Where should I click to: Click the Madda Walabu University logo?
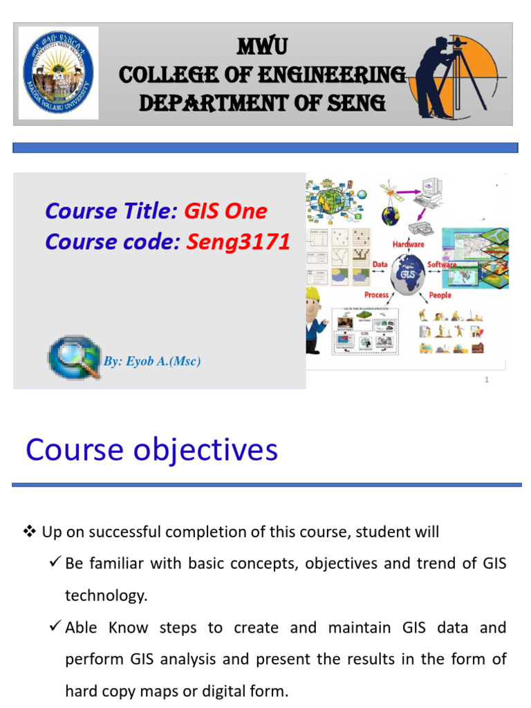pos(58,73)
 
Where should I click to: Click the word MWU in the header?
pos(262,47)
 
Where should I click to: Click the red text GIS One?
pos(225,211)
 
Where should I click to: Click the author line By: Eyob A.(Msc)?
pos(152,361)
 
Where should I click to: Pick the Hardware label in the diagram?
pos(408,244)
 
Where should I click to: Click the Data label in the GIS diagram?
pos(380,264)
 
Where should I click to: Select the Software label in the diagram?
pos(442,264)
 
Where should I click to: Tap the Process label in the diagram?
pos(376,295)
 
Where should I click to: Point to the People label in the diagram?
pos(440,295)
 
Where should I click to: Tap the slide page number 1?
pos(487,380)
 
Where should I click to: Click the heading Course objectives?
pos(152,450)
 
